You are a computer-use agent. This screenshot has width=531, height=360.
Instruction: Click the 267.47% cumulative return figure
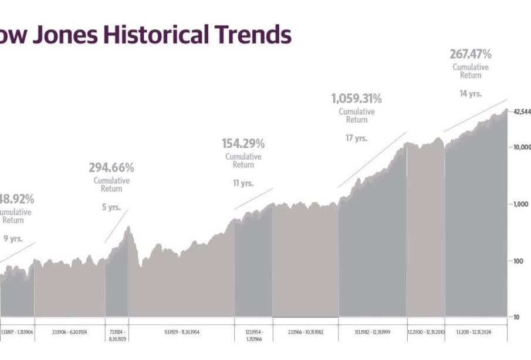(x=471, y=55)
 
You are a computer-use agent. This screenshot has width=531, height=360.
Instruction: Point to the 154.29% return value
(x=243, y=143)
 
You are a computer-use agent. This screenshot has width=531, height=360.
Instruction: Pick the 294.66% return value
(x=111, y=168)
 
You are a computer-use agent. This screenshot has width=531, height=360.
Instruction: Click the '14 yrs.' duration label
(x=470, y=93)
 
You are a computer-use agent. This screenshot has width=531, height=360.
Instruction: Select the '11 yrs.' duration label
(x=243, y=183)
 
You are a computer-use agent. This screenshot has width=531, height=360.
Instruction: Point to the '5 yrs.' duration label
(x=111, y=207)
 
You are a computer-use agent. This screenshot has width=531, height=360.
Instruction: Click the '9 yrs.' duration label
(x=13, y=238)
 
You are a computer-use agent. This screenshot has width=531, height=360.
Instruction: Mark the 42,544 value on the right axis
(x=521, y=112)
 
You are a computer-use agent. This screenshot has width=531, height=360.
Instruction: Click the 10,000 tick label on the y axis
(x=520, y=147)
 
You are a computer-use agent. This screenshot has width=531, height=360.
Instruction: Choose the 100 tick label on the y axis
(x=518, y=261)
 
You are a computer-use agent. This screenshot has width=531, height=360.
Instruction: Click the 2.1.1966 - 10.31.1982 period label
(x=306, y=332)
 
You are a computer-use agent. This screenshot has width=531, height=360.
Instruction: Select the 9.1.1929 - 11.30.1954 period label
(x=181, y=332)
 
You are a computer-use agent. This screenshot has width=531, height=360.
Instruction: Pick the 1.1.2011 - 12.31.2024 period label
(x=476, y=332)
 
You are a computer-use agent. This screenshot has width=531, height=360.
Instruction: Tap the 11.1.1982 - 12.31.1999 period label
(x=372, y=332)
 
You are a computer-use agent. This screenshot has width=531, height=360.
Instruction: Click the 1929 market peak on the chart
(x=128, y=228)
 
